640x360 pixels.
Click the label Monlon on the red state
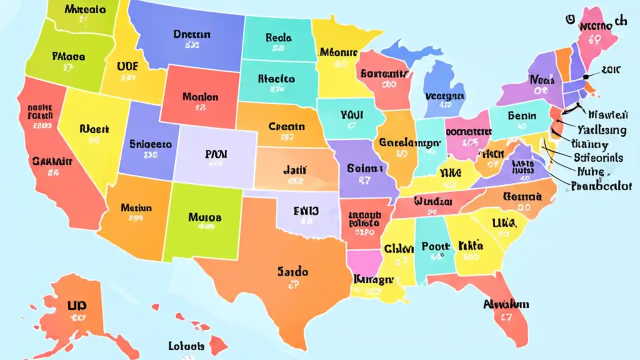(200, 96)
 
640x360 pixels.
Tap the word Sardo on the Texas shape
(292, 272)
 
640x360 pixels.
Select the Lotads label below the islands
(186, 346)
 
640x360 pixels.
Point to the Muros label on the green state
(204, 217)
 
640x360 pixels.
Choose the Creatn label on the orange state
(286, 126)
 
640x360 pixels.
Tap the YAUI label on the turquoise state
(351, 115)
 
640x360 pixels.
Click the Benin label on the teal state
(522, 116)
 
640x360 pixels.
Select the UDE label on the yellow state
(127, 66)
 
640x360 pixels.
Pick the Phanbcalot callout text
(601, 186)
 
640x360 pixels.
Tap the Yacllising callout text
(601, 130)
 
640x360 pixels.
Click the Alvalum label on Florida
(506, 304)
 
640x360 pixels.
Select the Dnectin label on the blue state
(192, 34)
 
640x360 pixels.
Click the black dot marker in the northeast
(585, 76)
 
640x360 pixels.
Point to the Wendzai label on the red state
(433, 201)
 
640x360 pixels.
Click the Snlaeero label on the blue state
(150, 144)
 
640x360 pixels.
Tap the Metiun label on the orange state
(136, 206)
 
